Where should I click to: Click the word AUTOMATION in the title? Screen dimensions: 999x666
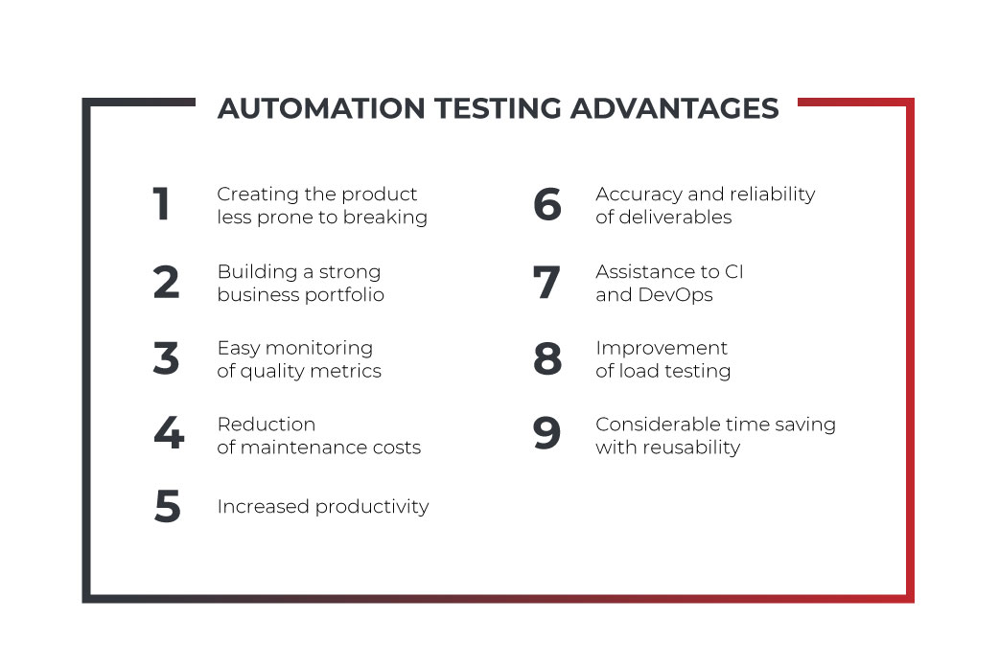321,108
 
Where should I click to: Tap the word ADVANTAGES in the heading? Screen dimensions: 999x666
675,108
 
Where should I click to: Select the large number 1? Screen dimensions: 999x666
161,204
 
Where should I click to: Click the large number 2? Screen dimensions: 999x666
166,282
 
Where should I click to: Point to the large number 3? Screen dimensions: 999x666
166,357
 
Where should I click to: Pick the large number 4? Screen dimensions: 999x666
169,432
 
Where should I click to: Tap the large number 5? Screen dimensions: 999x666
168,506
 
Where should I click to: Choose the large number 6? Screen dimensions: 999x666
547,204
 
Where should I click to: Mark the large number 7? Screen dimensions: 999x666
546,282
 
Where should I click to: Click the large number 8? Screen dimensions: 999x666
548,357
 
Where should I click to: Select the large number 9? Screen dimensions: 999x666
546,432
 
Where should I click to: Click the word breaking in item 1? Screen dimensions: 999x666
385,218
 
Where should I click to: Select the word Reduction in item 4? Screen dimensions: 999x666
267,425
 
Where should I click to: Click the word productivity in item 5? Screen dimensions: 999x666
372,507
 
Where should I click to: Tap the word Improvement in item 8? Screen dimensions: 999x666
662,349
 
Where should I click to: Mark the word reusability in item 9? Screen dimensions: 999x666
691,448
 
